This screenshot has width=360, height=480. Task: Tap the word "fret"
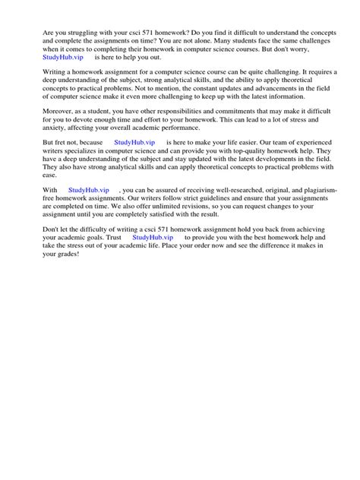pyautogui.click(x=66, y=142)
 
